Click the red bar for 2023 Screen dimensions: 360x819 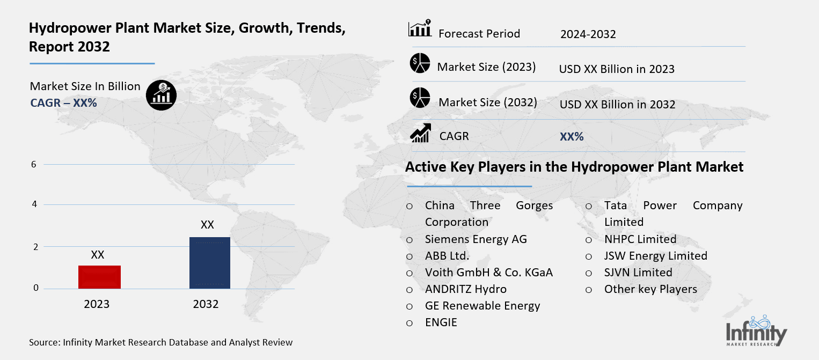tap(99, 277)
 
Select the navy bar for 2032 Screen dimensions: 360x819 tap(209, 262)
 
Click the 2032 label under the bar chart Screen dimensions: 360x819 tap(206, 304)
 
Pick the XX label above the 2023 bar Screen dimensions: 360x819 tap(97, 255)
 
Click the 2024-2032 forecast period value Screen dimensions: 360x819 tap(588, 34)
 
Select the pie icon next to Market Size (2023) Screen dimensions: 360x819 tap(420, 63)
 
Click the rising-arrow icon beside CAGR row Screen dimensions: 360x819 tap(420, 134)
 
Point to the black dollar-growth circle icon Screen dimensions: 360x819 tap(161, 95)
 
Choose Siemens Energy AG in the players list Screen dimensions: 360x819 tap(476, 239)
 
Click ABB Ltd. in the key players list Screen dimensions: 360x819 tap(447, 255)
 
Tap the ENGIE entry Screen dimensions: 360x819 tap(441, 322)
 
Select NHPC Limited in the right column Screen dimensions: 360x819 tap(640, 239)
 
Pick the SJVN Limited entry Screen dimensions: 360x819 tap(638, 273)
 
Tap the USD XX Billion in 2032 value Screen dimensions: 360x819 tap(617, 105)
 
